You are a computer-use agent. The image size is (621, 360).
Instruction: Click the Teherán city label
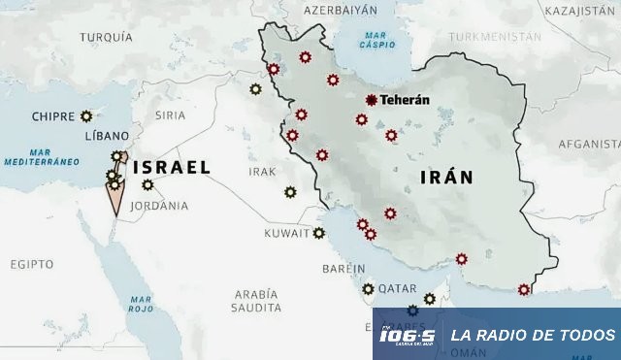tap(404, 99)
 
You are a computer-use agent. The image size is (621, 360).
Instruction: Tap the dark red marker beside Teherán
tap(372, 99)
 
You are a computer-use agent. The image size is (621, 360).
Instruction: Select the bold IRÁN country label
tap(446, 177)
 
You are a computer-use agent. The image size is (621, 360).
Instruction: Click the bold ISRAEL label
tap(172, 167)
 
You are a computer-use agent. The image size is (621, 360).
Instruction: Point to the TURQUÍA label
tap(106, 37)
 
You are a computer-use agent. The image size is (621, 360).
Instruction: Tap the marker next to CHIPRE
tap(86, 115)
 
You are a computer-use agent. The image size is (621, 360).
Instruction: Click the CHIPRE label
tap(52, 116)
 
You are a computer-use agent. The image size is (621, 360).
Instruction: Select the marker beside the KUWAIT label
tap(318, 233)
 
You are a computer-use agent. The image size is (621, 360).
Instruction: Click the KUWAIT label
tap(287, 234)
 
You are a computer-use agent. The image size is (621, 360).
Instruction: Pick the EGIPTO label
tap(32, 264)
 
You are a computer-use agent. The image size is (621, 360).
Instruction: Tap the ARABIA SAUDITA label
tap(255, 300)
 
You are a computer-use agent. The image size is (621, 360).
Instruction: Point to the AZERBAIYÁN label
tap(340, 10)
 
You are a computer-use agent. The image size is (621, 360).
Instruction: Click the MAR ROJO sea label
tap(141, 303)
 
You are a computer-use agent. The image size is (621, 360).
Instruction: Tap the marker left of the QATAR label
tap(368, 288)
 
